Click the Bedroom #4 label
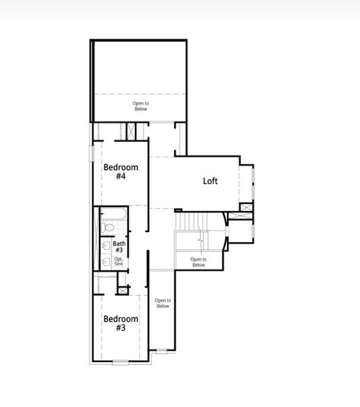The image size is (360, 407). click(x=121, y=172)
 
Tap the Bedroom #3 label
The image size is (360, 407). click(x=121, y=323)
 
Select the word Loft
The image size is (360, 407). click(x=210, y=181)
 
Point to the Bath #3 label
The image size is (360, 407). click(x=119, y=247)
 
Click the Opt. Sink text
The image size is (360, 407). click(x=118, y=261)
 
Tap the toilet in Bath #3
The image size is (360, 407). click(x=107, y=229)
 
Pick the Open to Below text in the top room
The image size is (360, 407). click(x=140, y=106)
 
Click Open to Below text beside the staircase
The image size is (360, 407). click(x=197, y=262)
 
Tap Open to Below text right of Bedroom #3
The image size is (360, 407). click(x=163, y=303)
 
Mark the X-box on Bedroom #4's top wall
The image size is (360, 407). click(x=129, y=131)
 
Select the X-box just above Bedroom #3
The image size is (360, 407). click(x=122, y=290)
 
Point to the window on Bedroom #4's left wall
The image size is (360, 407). click(x=91, y=153)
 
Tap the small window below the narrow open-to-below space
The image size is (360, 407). click(x=161, y=351)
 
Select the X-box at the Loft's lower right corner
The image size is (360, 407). click(x=246, y=208)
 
